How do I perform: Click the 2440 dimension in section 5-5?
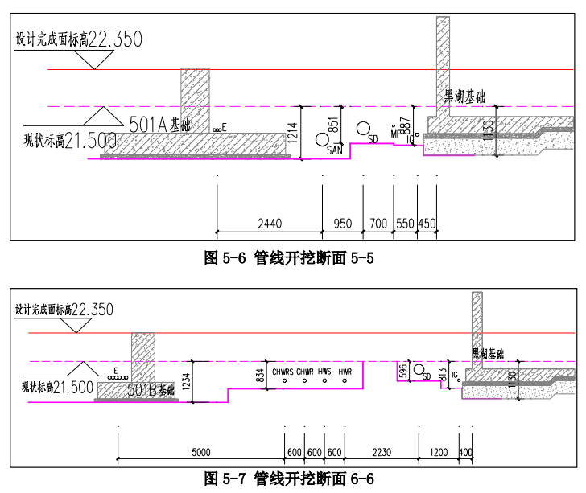click(270, 223)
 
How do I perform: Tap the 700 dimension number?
click(378, 223)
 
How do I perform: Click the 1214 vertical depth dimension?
click(293, 132)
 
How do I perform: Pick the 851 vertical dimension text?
click(332, 124)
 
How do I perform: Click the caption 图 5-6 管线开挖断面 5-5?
click(291, 258)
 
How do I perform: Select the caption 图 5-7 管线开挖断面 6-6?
click(291, 479)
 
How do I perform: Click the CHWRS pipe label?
click(283, 372)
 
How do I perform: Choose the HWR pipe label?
click(345, 372)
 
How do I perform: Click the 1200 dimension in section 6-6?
click(439, 451)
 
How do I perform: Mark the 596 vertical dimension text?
click(404, 371)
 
